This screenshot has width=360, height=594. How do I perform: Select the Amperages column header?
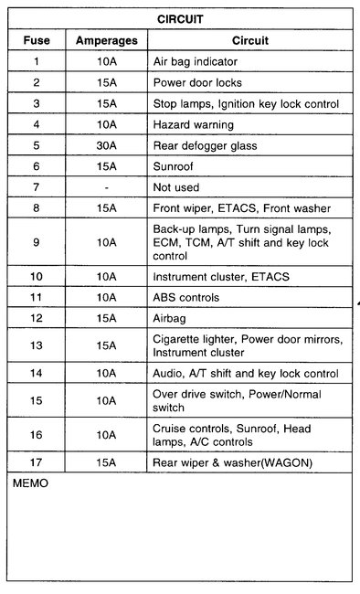click(107, 40)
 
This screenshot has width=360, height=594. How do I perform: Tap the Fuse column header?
click(37, 40)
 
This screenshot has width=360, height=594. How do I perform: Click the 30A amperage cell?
click(107, 144)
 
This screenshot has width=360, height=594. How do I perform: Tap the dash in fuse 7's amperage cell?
click(107, 186)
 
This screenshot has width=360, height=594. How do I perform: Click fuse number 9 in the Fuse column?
click(37, 241)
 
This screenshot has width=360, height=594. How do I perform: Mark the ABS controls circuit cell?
click(186, 297)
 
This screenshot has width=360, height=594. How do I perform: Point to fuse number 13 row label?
click(37, 345)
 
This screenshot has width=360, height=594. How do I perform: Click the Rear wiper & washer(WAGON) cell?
click(232, 462)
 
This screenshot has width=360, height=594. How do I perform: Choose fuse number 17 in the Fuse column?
click(37, 462)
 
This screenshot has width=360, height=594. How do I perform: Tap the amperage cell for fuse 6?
click(107, 165)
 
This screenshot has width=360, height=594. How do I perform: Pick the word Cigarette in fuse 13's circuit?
click(177, 338)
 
